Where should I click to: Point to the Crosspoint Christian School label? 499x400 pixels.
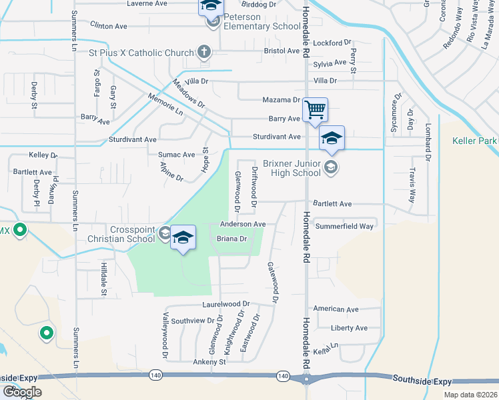pos(122,233)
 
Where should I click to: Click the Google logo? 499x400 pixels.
pos(23,391)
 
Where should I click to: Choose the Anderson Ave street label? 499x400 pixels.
pos(243,224)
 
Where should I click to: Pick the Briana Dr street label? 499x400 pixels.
pos(232,238)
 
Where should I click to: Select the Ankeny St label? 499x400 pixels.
pos(209,362)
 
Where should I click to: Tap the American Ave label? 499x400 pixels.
pos(336,309)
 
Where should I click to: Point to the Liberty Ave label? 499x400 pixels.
pos(350,328)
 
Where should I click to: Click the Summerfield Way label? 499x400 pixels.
pos(344,226)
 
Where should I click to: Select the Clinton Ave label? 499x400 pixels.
pos(108,26)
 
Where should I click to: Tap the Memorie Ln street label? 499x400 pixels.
pos(165,106)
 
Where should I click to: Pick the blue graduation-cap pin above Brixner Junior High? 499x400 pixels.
pos(332,138)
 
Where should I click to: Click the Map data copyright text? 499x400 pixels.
pos(470,395)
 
